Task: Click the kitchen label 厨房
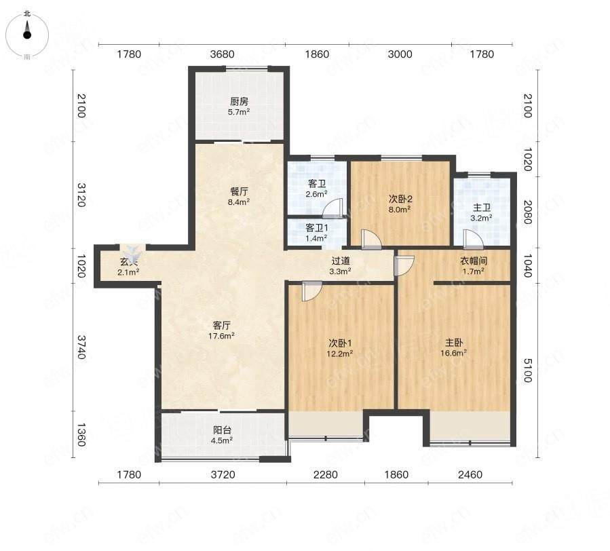click(239, 102)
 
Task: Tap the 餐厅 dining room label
click(239, 191)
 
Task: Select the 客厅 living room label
click(222, 325)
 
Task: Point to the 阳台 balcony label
click(222, 430)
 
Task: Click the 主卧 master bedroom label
click(454, 343)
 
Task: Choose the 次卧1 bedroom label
click(341, 343)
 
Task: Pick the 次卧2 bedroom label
click(400, 199)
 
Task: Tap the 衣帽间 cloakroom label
click(474, 261)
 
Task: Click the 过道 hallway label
click(341, 261)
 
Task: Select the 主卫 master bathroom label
click(482, 208)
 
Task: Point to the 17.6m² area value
click(221, 336)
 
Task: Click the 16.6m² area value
click(454, 353)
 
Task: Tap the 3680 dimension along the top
click(222, 54)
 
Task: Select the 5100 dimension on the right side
click(527, 370)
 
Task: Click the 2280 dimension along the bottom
click(325, 475)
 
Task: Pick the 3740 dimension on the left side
click(80, 347)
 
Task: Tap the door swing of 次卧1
click(312, 291)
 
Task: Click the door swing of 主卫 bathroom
click(473, 239)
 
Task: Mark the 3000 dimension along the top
click(400, 54)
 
